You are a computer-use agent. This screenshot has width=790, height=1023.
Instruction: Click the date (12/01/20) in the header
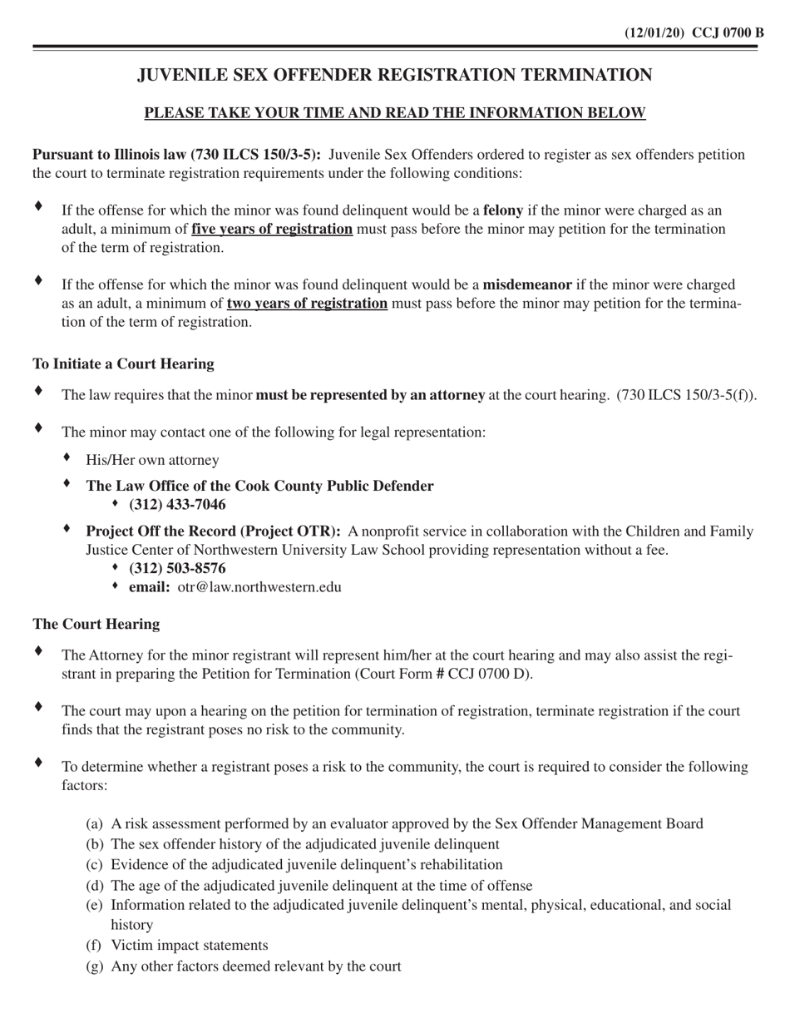click(654, 33)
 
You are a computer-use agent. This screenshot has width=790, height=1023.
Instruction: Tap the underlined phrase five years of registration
click(272, 229)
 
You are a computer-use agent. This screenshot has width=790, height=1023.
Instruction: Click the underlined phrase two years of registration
click(307, 304)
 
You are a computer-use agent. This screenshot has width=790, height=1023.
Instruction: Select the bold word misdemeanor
click(527, 285)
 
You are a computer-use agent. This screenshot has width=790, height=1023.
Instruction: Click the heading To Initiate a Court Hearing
click(123, 364)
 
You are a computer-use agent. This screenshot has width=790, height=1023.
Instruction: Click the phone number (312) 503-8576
click(177, 569)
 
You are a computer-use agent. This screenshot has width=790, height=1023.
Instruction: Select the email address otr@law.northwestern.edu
click(259, 587)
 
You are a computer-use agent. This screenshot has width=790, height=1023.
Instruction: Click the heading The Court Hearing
click(96, 625)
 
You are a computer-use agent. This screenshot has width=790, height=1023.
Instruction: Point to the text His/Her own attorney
click(152, 460)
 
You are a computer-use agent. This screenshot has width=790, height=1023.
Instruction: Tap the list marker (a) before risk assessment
click(94, 824)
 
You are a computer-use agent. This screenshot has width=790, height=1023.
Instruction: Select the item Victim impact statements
click(190, 946)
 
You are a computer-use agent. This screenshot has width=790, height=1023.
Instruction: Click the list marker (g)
click(94, 966)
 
